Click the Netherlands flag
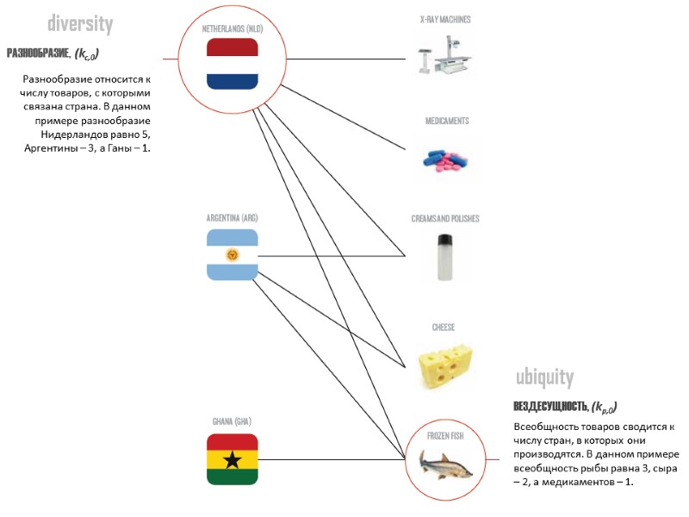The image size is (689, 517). point(233,64)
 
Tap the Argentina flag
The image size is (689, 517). point(233,255)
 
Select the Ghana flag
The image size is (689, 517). point(233,459)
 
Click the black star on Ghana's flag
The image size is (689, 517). point(233,460)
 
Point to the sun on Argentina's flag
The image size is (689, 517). point(233,255)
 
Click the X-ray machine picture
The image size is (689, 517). point(445,59)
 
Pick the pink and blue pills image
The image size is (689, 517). point(445,159)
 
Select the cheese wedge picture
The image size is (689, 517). point(445,367)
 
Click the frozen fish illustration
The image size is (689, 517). point(445,466)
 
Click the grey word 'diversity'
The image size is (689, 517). point(79,23)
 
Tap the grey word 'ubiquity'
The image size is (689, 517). point(544,377)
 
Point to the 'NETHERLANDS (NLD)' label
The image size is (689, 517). point(232,28)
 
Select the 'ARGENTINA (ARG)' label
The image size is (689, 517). point(233,217)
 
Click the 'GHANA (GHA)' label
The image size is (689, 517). point(233,421)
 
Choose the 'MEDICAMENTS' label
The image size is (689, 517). point(447,121)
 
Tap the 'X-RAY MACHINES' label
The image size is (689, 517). point(445,19)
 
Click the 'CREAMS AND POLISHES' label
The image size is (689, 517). point(445,219)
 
